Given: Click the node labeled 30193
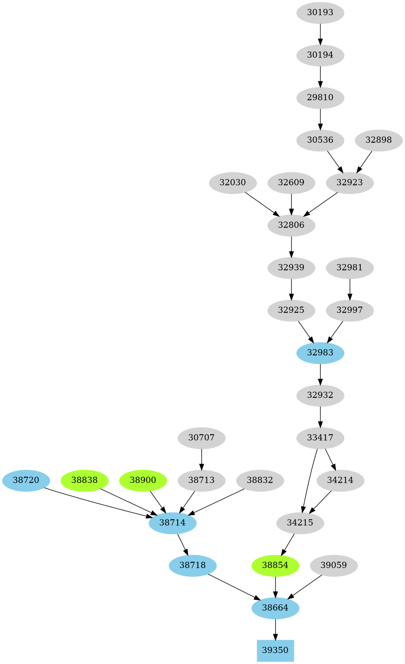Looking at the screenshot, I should tap(320, 12).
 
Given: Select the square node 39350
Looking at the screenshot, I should tap(275, 650).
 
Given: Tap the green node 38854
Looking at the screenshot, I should tap(275, 565).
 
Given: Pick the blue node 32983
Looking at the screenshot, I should tap(320, 353).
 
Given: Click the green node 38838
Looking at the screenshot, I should tap(84, 480).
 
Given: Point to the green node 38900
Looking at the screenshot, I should tap(143, 480).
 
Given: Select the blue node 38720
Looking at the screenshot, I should tap(26, 480).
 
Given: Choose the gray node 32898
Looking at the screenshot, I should tap(378, 140).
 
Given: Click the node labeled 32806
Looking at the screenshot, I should tap(291, 225).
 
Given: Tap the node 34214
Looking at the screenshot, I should tap(340, 480).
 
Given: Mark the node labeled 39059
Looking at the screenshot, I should tap(334, 565).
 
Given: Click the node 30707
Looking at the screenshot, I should tap(201, 438).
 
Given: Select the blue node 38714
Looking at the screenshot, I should tap(172, 523).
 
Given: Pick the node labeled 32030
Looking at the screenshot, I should tap(233, 183).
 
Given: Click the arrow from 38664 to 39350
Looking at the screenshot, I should tap(275, 629).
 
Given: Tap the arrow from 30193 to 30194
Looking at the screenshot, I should tap(320, 34).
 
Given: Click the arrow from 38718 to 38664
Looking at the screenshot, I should tap(234, 586).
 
